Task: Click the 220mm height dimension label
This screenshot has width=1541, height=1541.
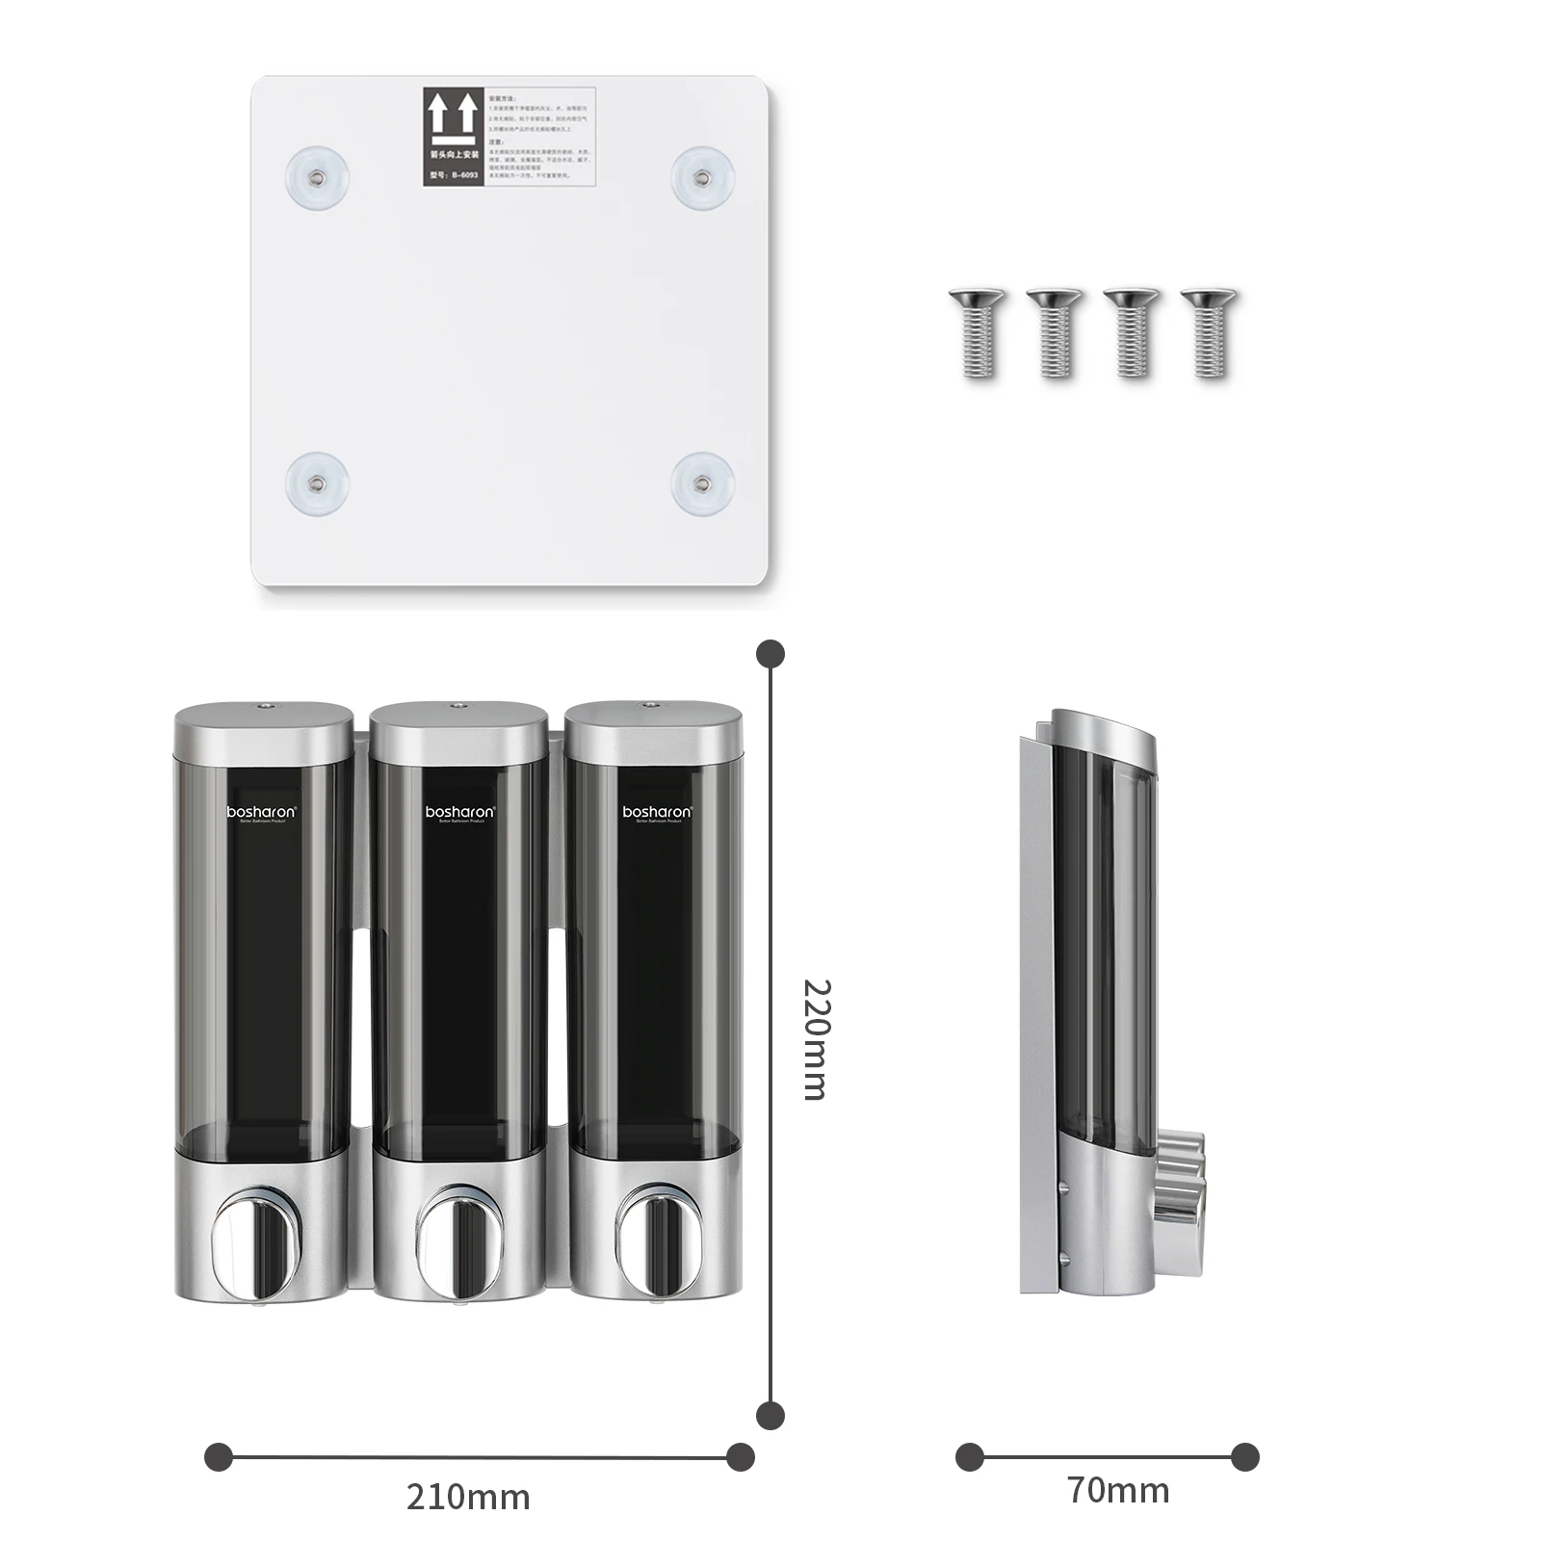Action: (816, 1039)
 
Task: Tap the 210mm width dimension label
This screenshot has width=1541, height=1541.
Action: (468, 1498)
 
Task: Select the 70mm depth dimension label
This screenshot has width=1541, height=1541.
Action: (1118, 1490)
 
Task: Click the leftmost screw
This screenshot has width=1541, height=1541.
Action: (977, 331)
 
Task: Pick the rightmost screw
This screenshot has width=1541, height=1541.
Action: (1210, 331)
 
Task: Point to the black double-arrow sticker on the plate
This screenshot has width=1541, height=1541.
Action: (454, 136)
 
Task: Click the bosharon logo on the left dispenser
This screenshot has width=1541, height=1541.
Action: (262, 813)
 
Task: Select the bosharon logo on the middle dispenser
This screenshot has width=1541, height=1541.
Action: (460, 813)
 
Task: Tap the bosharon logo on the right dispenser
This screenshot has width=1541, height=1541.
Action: (657, 813)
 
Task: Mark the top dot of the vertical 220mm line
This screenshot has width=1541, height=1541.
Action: (770, 654)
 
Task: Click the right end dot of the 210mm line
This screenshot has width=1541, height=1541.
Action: (741, 1457)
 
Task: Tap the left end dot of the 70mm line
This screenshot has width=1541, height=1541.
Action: (970, 1457)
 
